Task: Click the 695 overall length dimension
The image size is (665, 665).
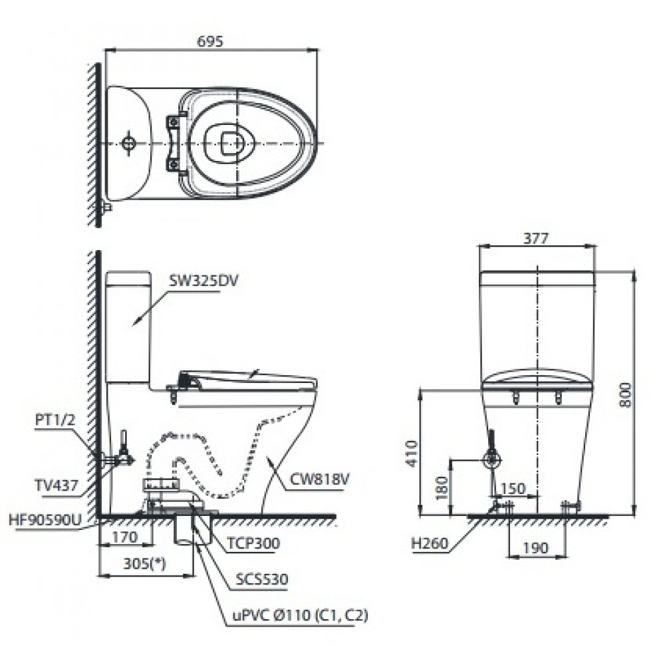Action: tap(210, 41)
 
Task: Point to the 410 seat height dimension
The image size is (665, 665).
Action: tap(412, 454)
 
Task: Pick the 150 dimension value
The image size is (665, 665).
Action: tap(513, 488)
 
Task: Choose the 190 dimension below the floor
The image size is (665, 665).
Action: tap(535, 548)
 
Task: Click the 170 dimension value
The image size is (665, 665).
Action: tap(125, 537)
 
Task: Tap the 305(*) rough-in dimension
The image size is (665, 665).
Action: tap(144, 564)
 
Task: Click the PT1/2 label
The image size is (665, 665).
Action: tap(55, 420)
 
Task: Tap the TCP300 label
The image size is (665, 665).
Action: tap(253, 543)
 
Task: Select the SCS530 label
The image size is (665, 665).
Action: tap(261, 579)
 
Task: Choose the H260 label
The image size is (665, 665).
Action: tap(429, 543)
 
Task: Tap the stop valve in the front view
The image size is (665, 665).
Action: tap(492, 460)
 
